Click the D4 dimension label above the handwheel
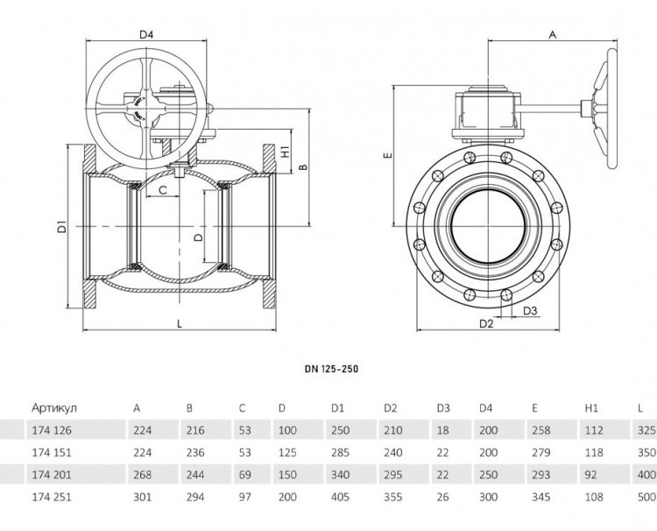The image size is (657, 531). (146, 34)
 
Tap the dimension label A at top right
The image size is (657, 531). (553, 35)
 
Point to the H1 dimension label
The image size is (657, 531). (285, 152)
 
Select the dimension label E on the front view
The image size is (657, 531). (388, 155)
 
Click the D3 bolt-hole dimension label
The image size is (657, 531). (530, 310)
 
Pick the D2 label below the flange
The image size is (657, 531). (486, 323)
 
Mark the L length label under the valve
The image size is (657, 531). (180, 323)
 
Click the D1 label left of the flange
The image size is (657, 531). (62, 226)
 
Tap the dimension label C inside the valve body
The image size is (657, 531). (163, 190)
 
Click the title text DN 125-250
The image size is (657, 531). (331, 369)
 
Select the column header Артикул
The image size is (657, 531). (54, 407)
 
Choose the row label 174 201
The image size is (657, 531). (52, 475)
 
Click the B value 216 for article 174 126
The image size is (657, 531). (195, 430)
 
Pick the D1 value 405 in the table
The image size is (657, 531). (340, 497)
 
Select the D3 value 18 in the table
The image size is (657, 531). (442, 430)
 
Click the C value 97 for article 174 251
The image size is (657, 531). (244, 497)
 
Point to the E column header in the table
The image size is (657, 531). (534, 407)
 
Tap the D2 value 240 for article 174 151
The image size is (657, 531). (392, 453)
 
